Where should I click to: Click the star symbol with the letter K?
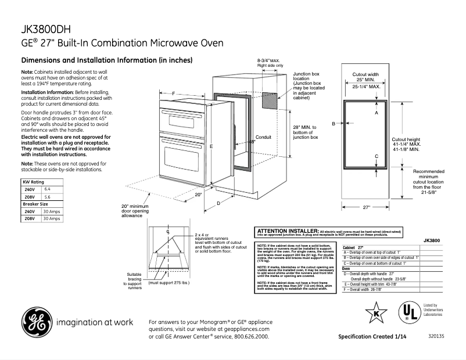tap(376, 314)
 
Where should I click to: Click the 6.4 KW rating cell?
tap(48, 189)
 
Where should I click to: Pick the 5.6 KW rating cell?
tap(48, 197)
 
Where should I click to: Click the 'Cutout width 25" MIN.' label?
tap(366, 77)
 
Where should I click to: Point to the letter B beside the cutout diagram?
tap(334, 124)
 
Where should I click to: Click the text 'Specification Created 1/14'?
tap(373, 337)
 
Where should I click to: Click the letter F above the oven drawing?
tap(173, 93)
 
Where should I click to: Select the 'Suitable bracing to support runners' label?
tap(134, 280)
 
